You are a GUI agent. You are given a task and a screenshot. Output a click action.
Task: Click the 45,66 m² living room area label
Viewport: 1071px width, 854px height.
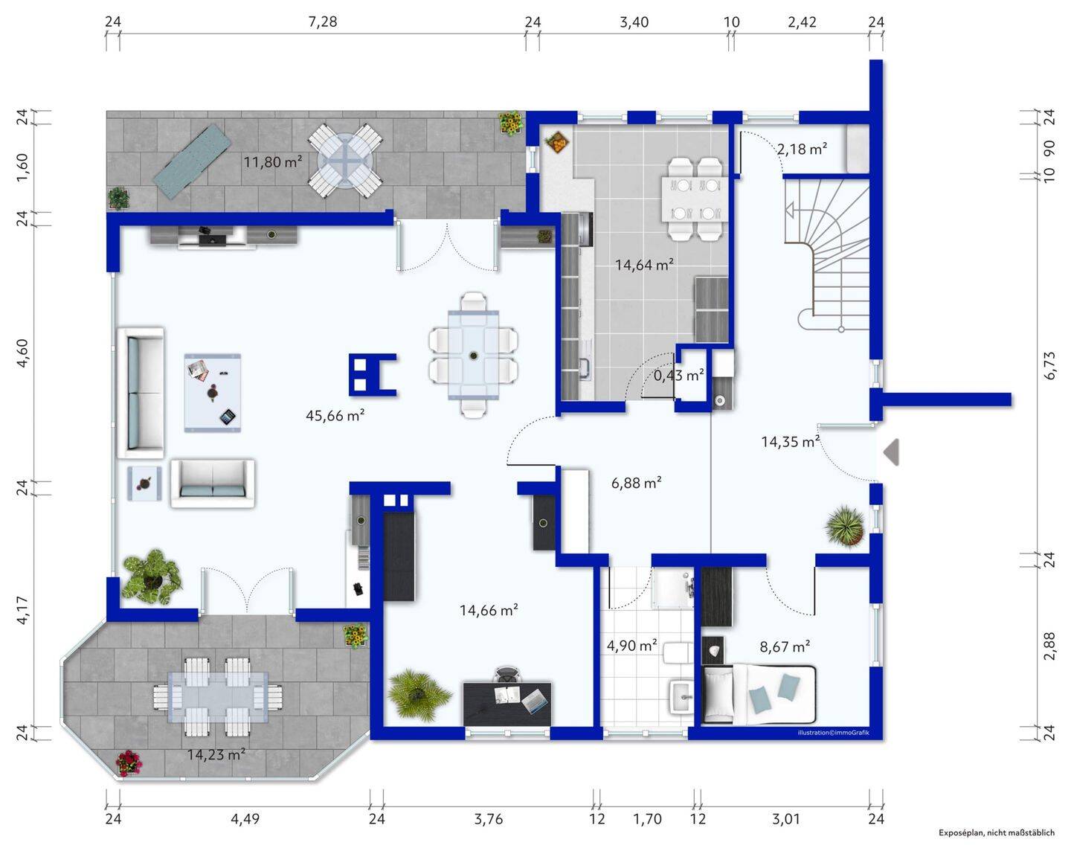(x=335, y=415)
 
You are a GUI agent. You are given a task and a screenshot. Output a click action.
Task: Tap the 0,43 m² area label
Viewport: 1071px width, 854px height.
(x=678, y=374)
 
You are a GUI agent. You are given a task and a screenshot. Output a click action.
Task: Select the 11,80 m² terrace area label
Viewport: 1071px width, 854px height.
(x=273, y=162)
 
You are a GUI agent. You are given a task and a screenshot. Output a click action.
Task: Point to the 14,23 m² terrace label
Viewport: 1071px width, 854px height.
(x=216, y=754)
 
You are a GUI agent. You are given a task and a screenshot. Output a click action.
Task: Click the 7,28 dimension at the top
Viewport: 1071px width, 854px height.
(x=323, y=22)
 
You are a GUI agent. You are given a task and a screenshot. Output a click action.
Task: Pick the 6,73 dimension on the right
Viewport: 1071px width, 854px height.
(x=1049, y=366)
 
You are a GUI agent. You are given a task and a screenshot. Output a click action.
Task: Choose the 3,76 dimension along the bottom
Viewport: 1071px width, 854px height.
(x=488, y=818)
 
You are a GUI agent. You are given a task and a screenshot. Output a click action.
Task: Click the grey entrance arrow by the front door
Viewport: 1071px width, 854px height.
(x=891, y=452)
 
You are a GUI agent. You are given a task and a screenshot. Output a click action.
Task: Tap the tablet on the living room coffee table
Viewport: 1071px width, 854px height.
(x=228, y=417)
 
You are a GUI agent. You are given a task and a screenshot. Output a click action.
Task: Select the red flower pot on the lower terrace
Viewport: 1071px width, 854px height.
(x=129, y=762)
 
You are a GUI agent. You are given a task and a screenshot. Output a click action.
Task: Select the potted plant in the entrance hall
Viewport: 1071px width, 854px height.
(x=845, y=526)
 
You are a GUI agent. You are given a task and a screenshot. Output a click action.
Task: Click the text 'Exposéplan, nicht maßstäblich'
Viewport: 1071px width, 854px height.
(x=997, y=832)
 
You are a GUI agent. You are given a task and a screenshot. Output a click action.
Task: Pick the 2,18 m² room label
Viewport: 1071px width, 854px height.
(x=802, y=148)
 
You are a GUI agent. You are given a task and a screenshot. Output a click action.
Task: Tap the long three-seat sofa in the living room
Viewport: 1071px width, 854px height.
(x=141, y=392)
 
